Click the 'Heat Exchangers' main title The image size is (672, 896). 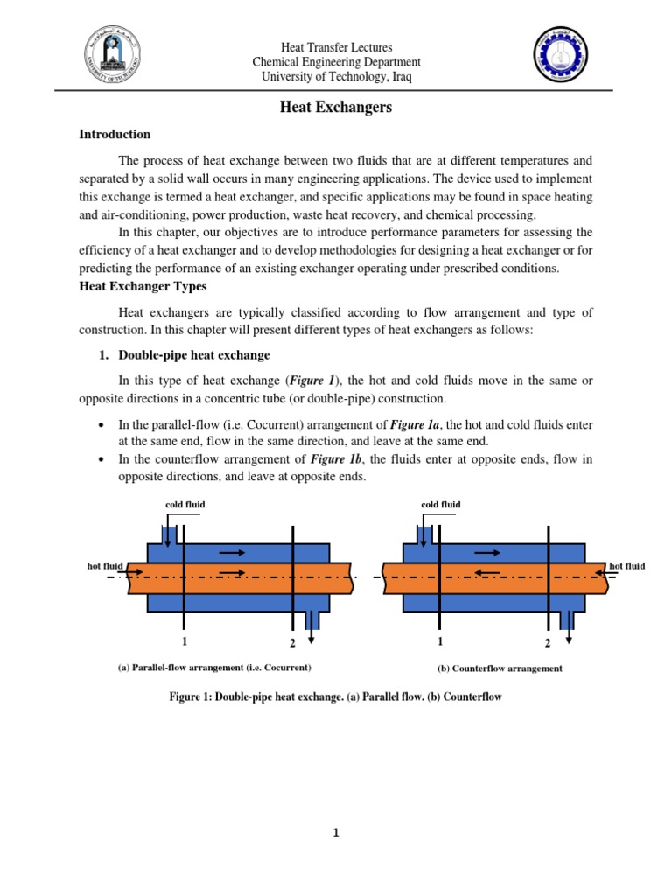(336, 108)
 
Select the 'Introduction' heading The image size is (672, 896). (115, 135)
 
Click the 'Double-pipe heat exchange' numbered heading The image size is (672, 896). (194, 355)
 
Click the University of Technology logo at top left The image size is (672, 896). (111, 58)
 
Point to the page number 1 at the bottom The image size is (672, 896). (336, 833)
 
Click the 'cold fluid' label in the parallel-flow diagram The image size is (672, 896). (185, 505)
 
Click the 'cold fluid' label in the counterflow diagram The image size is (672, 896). (440, 505)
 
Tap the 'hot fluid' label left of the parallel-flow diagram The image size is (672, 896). (105, 566)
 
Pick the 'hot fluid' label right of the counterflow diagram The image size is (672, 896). (626, 566)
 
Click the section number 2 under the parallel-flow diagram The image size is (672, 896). (292, 644)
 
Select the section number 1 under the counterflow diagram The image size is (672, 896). (439, 641)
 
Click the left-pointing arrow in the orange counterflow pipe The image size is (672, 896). (486, 572)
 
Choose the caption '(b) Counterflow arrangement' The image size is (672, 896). (500, 668)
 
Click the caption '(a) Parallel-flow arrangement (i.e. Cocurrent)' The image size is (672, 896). (214, 668)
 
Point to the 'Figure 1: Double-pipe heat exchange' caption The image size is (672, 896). (336, 697)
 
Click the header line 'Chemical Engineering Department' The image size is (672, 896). (336, 62)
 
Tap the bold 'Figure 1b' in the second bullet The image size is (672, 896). (332, 459)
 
